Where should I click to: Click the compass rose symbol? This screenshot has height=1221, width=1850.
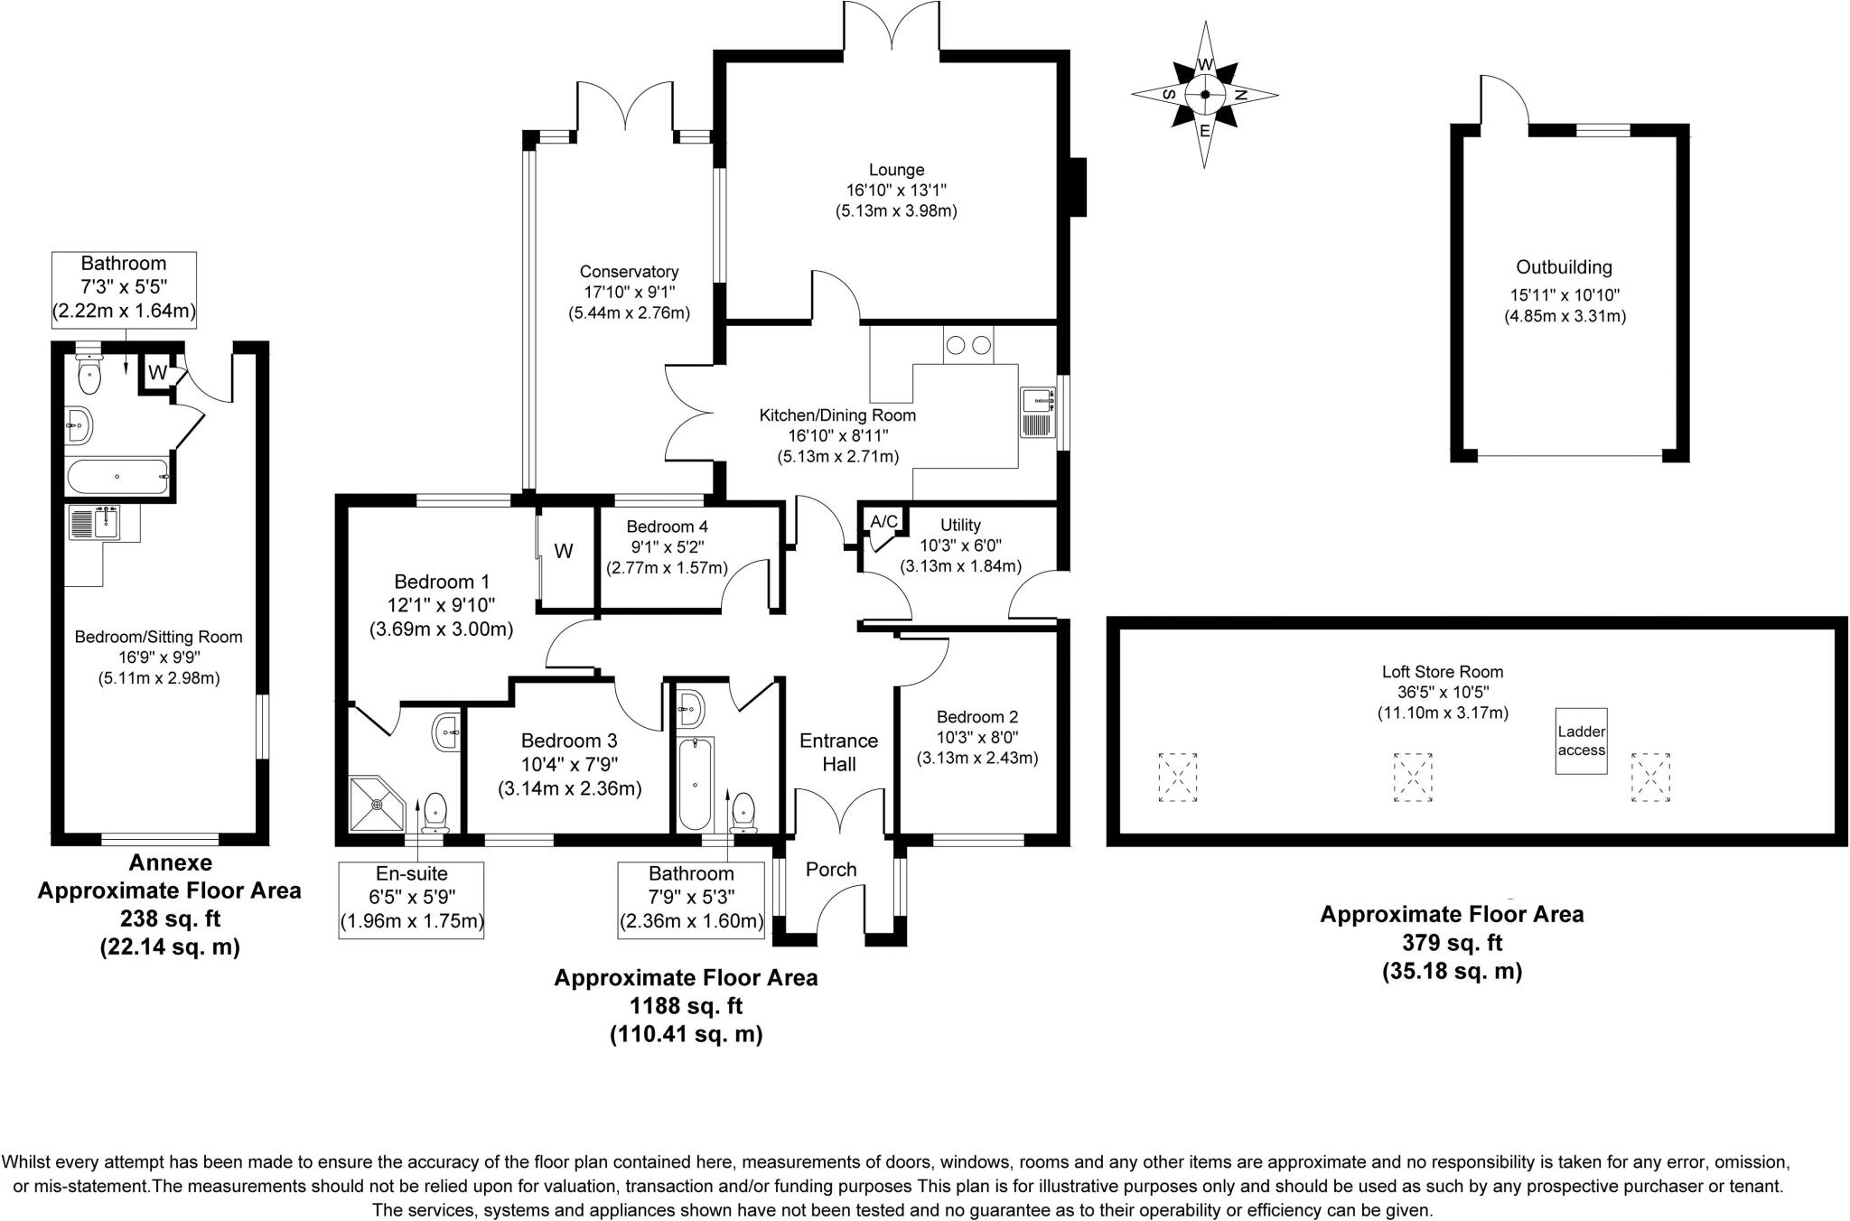point(1204,95)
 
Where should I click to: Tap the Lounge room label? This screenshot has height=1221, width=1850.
point(896,170)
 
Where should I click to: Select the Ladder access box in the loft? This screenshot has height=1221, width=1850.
point(1581,741)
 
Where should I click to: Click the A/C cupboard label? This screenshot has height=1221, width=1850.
point(883,522)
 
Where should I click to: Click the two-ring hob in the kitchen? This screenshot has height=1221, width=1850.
point(967,345)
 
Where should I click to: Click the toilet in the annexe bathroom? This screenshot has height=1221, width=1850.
point(89,375)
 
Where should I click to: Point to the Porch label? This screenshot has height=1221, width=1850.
point(830,870)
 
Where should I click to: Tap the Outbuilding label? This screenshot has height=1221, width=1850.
point(1564,267)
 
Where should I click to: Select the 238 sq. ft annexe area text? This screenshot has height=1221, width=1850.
point(170,919)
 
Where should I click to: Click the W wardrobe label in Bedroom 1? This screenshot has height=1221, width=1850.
point(564,552)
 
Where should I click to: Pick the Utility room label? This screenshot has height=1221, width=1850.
point(959,525)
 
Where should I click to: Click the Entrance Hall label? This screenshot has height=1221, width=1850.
point(838,752)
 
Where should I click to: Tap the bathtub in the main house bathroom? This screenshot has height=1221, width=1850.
point(695,784)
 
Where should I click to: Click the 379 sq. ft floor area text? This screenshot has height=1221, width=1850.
point(1452,943)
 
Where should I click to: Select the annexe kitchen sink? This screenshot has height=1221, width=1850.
point(93,523)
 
